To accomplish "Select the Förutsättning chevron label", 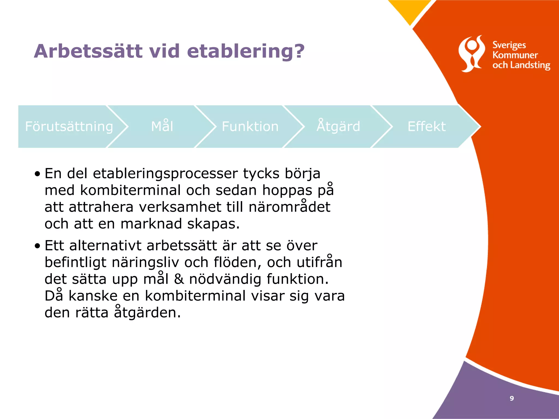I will pyautogui.click(x=69, y=127).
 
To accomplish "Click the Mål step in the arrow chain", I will pyautogui.click(x=162, y=127).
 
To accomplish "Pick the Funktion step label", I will pyautogui.click(x=250, y=127).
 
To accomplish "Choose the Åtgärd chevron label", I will pyautogui.click(x=338, y=127).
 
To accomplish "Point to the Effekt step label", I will pyautogui.click(x=427, y=127).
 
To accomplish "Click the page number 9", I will pyautogui.click(x=512, y=398).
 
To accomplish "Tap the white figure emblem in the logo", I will pyautogui.click(x=472, y=54).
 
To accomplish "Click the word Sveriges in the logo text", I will pyautogui.click(x=509, y=45).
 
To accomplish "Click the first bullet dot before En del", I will pyautogui.click(x=37, y=174).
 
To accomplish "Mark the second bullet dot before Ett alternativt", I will pyautogui.click(x=37, y=246).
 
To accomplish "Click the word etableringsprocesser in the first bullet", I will pyautogui.click(x=165, y=174).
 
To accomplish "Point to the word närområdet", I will pyautogui.click(x=290, y=207).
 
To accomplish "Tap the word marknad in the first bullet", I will pyautogui.click(x=151, y=224).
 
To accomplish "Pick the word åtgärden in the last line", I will pyautogui.click(x=147, y=313).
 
